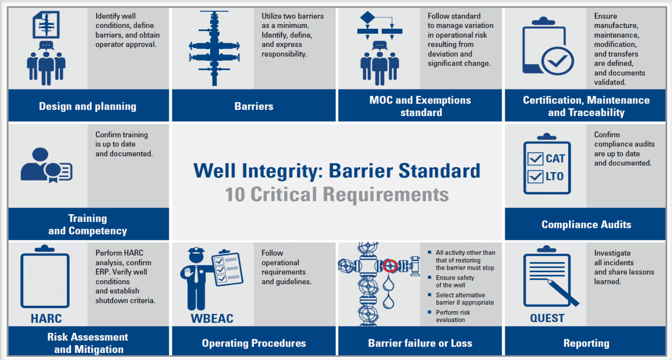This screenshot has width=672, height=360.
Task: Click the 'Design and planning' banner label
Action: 88,107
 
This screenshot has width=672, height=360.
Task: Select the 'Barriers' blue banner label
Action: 254,107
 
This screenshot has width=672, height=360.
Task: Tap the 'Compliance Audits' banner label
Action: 586,225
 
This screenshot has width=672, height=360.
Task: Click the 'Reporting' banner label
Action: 586,343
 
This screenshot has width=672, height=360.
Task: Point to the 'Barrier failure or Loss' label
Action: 420,343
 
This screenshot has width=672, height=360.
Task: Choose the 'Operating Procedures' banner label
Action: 254,343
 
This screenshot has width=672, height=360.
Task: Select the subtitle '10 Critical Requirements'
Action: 337,195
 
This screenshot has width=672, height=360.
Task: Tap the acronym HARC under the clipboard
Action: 46,319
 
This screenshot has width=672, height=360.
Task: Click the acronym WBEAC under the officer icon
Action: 212,319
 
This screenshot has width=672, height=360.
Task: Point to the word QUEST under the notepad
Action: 547,319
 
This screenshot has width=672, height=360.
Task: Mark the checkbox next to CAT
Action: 535,159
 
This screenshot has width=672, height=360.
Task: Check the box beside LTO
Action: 535,177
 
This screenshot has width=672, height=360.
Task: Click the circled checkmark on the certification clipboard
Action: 557,61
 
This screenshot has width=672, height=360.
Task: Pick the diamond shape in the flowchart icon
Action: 367,18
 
